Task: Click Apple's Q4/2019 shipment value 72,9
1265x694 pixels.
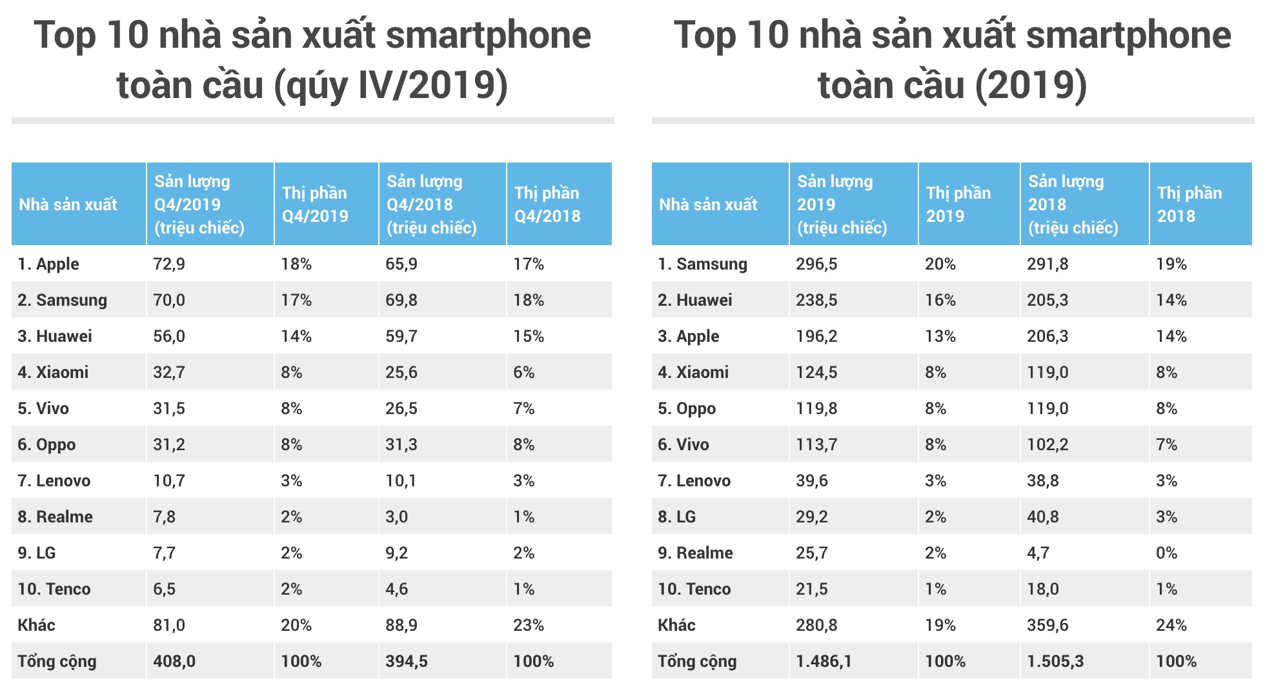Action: pos(169,264)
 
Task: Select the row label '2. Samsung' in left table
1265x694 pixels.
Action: pos(62,300)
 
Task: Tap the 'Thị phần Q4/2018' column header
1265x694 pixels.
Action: pos(547,204)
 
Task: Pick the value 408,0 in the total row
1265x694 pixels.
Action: pos(174,661)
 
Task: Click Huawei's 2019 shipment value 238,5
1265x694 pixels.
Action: pos(816,300)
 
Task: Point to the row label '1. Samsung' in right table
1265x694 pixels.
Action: pos(702,264)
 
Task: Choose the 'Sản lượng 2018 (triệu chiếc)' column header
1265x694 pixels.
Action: pos(1072,204)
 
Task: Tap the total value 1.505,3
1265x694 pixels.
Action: pos(1055,661)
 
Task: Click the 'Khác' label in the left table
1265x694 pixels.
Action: pos(36,625)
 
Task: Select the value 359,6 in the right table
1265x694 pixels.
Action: pos(1047,625)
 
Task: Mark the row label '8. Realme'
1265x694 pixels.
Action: pos(55,517)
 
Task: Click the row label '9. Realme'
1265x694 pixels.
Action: pos(695,553)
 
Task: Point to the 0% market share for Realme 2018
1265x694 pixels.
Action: pos(1166,553)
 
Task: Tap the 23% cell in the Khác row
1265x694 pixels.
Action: pos(528,625)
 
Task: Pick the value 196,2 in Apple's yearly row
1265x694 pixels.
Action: pos(816,336)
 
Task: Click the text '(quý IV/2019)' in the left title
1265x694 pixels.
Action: pos(391,86)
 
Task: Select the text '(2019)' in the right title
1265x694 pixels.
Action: pos(1031,86)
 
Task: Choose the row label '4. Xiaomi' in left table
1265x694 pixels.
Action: pos(53,372)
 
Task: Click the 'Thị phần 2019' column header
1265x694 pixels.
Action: pos(958,204)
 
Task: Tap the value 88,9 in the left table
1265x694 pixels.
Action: pos(401,625)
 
